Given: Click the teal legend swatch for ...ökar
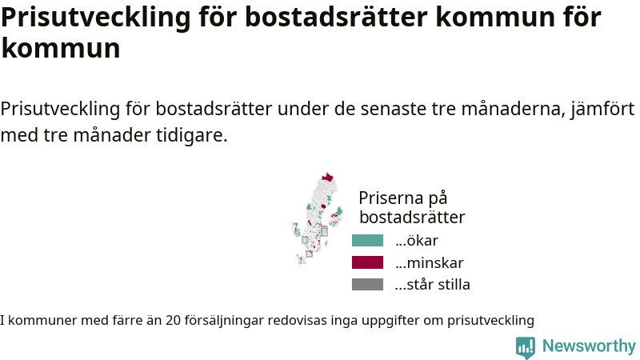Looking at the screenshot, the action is (x=367, y=241).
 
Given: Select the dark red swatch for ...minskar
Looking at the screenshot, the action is (x=367, y=262).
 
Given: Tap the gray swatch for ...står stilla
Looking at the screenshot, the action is (x=367, y=285).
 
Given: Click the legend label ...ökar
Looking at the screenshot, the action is (x=416, y=241).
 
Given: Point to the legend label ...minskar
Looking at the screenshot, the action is (x=429, y=263).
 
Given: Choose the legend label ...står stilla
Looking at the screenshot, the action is (x=432, y=285).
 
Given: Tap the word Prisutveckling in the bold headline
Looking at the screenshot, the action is (x=96, y=18).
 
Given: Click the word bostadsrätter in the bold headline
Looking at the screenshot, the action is (x=336, y=17).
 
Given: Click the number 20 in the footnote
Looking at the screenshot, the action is (x=173, y=321).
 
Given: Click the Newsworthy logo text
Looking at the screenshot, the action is (x=589, y=346).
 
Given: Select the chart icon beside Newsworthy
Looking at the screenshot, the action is (x=526, y=347).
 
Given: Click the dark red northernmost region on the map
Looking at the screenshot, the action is (x=327, y=177).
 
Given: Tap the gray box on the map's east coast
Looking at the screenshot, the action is (x=324, y=232).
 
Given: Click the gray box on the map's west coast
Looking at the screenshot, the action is (x=305, y=240).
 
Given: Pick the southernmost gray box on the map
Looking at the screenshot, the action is (x=310, y=254).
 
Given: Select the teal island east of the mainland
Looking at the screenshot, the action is (x=338, y=211).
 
